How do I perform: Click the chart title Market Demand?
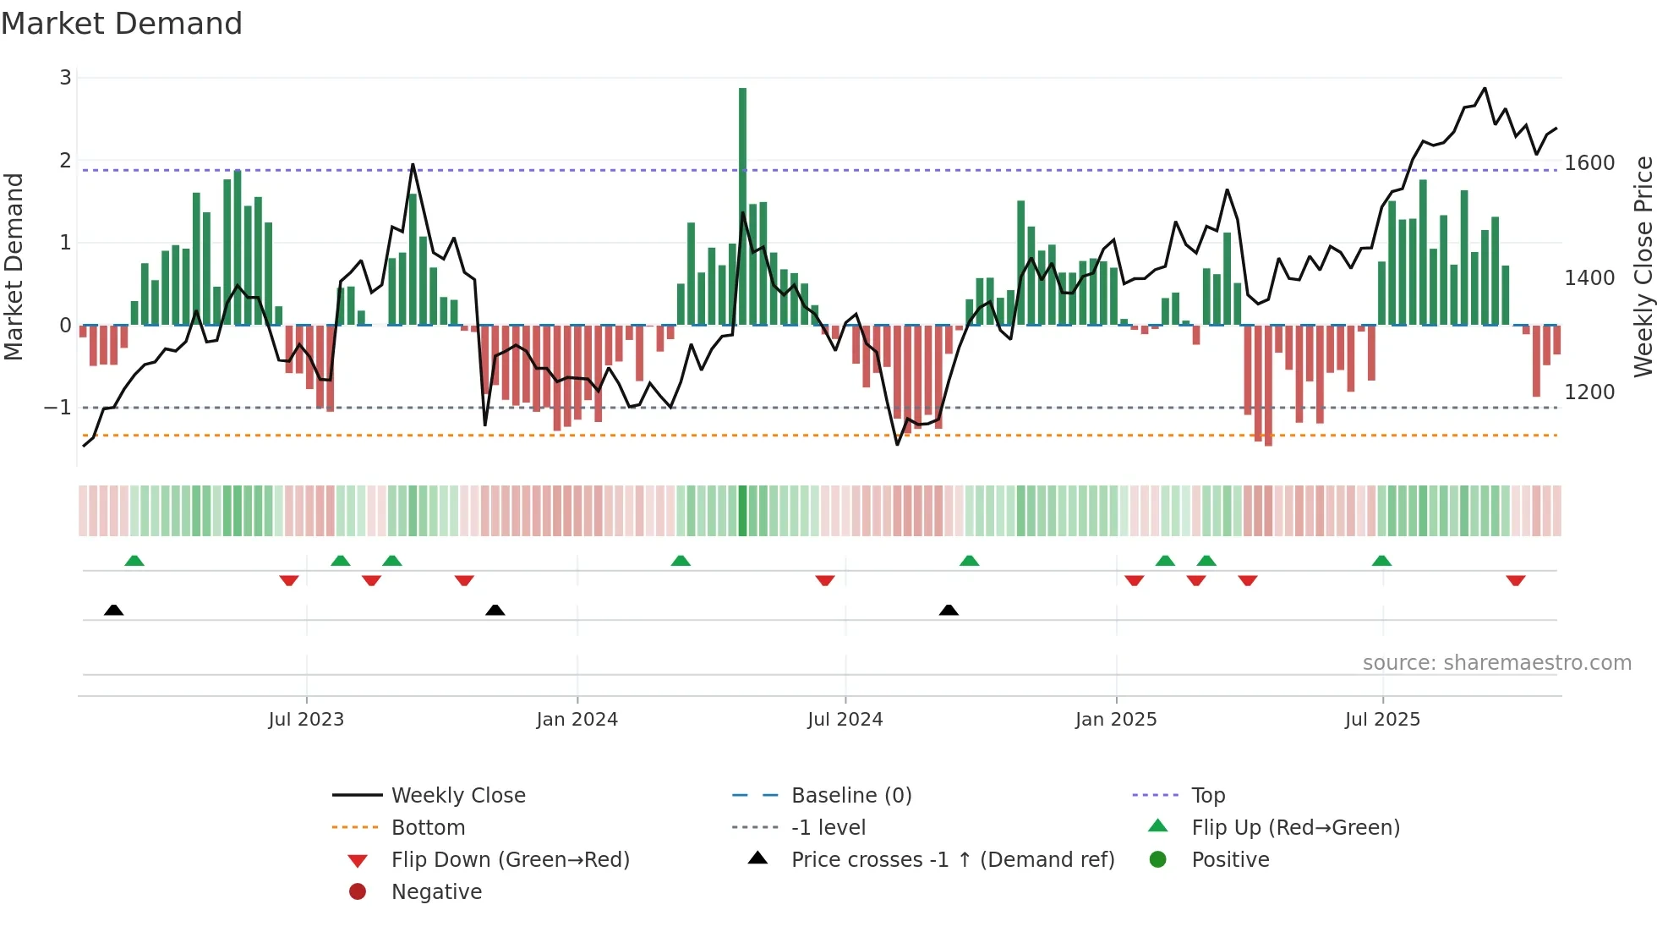coord(122,24)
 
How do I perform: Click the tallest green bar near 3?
coord(742,203)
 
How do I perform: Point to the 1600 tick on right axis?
coord(1589,163)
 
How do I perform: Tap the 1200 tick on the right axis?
coord(1589,392)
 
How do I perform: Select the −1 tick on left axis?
coord(58,408)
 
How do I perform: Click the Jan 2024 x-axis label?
coord(577,720)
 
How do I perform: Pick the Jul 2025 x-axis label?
coord(1382,720)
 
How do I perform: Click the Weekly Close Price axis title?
coord(1643,266)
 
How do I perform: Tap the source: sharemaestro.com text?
coord(1496,663)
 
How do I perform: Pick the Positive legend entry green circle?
coord(1158,860)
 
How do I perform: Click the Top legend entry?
coord(1207,796)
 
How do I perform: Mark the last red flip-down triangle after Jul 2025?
coord(1515,580)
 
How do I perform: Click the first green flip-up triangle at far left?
coord(134,561)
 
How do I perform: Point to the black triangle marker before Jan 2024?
coord(495,610)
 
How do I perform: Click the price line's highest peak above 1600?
coord(1485,88)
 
